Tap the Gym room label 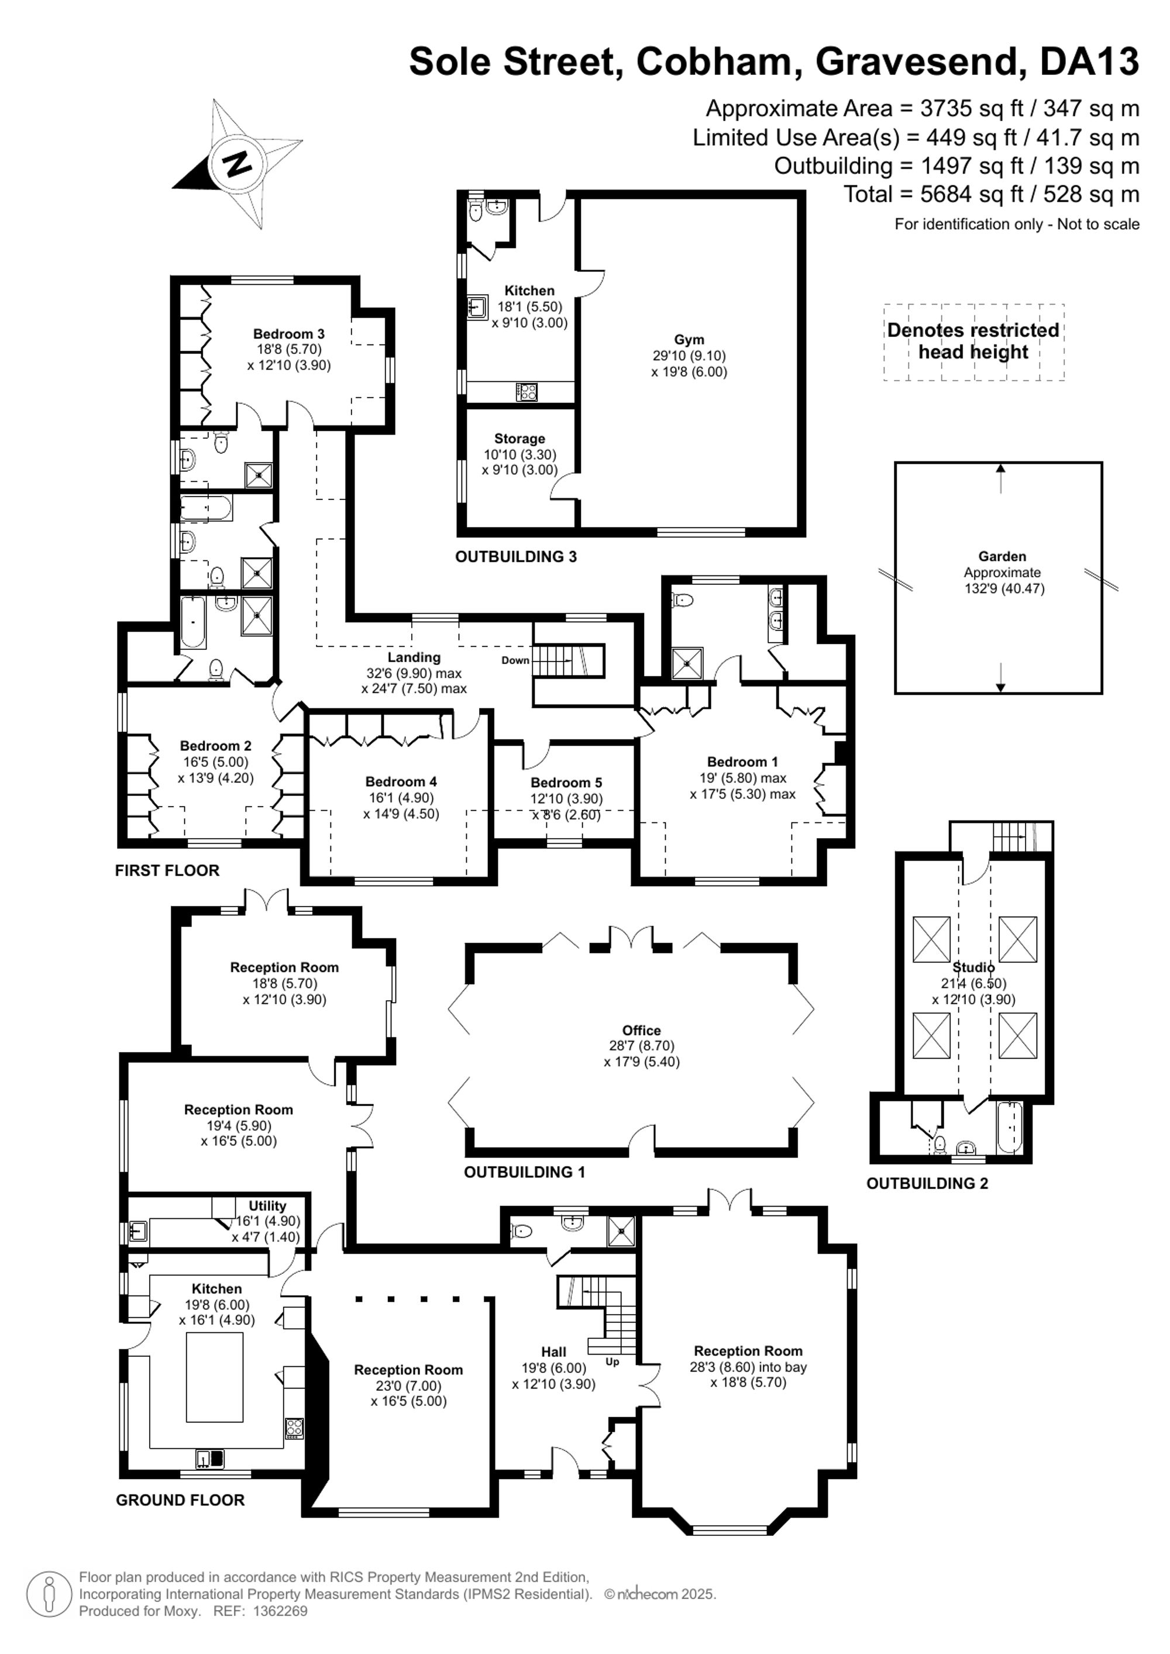(689, 339)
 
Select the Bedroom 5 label (566, 783)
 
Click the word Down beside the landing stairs (515, 660)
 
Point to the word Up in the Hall (612, 1362)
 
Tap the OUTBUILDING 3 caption (516, 556)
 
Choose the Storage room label (519, 439)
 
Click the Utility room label (267, 1205)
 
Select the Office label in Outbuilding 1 (641, 1030)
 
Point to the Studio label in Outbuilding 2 (973, 967)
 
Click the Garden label (1002, 556)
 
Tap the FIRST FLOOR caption (167, 870)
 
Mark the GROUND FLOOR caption (180, 1500)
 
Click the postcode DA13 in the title (1089, 62)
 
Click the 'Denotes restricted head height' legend (973, 342)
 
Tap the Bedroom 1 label (742, 761)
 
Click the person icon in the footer (49, 1594)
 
